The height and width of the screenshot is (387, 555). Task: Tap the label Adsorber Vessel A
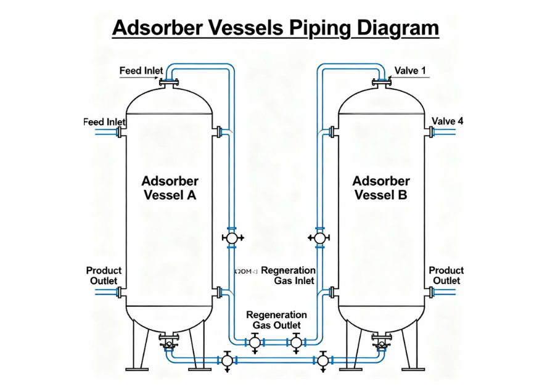point(170,189)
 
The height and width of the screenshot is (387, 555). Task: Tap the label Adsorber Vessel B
point(380,189)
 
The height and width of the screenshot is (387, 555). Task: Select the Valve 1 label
point(410,71)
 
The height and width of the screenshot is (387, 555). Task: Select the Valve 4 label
point(447,121)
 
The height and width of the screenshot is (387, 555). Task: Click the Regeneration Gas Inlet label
point(288,275)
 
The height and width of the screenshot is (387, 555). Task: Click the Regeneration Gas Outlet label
point(276,320)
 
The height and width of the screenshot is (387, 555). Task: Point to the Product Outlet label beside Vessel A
point(104,275)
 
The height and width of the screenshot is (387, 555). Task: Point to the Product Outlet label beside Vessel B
point(446,275)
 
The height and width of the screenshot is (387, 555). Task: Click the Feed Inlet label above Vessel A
point(141,71)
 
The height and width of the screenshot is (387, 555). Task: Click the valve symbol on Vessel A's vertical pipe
point(232,237)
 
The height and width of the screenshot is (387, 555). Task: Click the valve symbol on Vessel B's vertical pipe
point(319,237)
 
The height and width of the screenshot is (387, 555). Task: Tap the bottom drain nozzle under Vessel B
point(382,340)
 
